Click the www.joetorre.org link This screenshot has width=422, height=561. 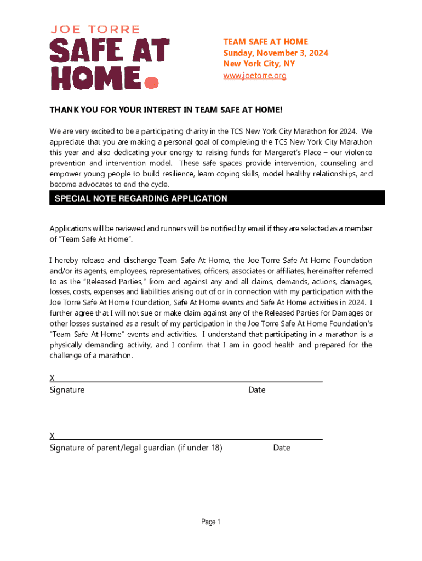254,75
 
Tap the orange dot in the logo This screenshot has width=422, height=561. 151,82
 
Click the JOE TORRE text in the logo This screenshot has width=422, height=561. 95,30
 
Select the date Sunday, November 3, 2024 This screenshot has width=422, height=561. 275,53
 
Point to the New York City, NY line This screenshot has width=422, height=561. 259,64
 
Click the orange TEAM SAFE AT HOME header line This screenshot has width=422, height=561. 265,42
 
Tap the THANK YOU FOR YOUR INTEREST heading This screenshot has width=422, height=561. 166,110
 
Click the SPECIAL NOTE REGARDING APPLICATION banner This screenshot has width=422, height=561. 141,198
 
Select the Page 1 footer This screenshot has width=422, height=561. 210,522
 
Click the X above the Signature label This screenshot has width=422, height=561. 52,379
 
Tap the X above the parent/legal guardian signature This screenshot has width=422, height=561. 52,436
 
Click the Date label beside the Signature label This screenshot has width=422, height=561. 256,390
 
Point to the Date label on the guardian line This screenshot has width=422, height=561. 282,448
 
